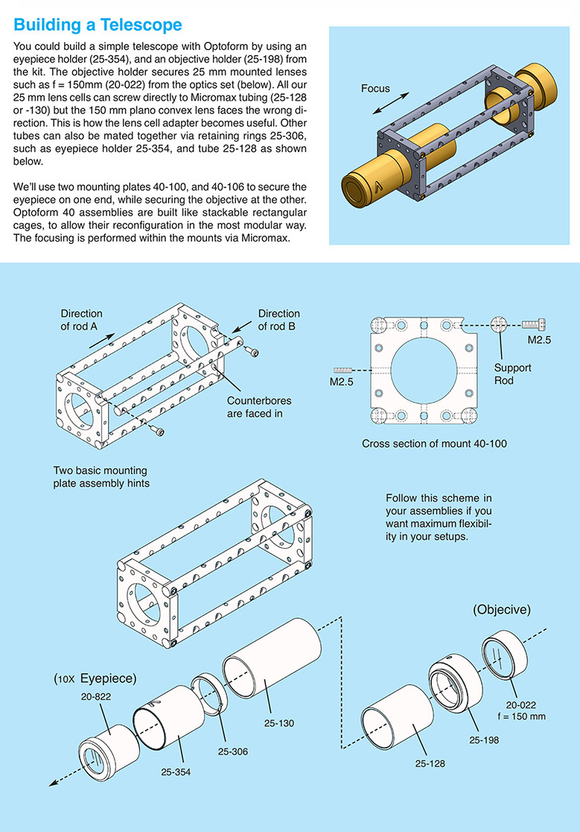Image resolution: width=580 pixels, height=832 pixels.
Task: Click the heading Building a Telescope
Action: pyautogui.click(x=98, y=25)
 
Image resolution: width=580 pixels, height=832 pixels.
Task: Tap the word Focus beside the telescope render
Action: pyautogui.click(x=375, y=89)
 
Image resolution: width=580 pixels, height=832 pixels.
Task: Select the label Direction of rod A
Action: pyautogui.click(x=82, y=320)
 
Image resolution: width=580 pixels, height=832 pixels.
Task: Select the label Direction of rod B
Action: pyautogui.click(x=278, y=320)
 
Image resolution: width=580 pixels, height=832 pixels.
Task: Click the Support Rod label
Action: pyautogui.click(x=512, y=374)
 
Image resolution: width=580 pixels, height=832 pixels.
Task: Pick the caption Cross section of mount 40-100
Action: pyautogui.click(x=435, y=444)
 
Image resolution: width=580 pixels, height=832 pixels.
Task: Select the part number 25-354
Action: pyautogui.click(x=176, y=772)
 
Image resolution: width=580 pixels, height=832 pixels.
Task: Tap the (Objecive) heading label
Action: pyautogui.click(x=501, y=610)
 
